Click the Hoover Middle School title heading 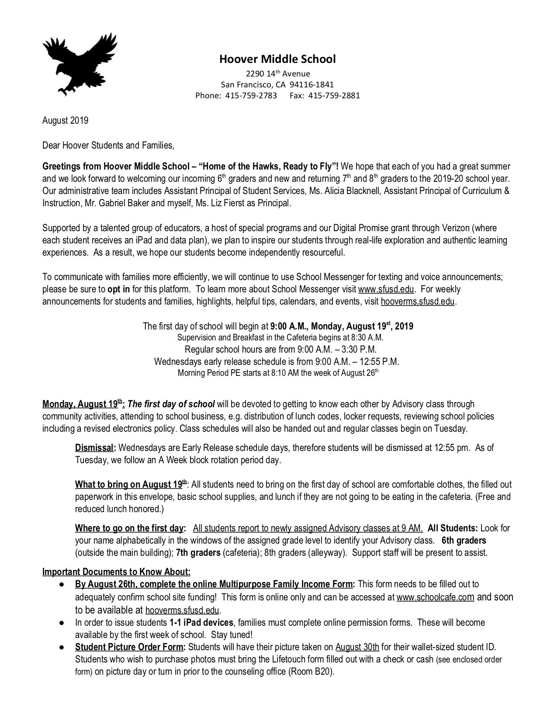click(x=277, y=59)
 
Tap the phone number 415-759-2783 click(x=251, y=95)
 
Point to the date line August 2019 click(x=65, y=121)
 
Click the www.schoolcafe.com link click(x=435, y=597)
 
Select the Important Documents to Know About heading click(x=116, y=572)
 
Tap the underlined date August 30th click(x=357, y=647)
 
